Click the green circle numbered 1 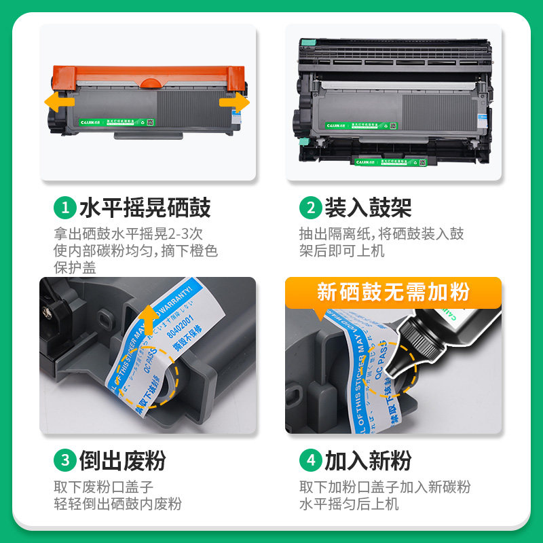pos(65,206)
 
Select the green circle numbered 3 pos(65,460)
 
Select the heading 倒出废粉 pos(123,460)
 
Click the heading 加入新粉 pos(369,460)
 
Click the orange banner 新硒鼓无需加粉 pos(393,293)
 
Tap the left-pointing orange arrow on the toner pos(58,102)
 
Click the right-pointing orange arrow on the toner pos(234,102)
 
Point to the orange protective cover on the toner pos(146,75)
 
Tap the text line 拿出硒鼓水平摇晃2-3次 pos(128,233)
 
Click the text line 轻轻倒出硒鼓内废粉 pos(118,504)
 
